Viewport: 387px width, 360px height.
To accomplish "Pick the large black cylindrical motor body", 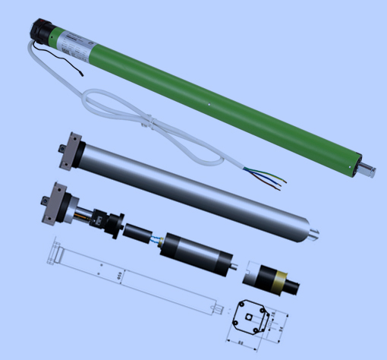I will (x=195, y=251).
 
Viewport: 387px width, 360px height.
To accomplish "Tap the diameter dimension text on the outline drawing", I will (x=118, y=274).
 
